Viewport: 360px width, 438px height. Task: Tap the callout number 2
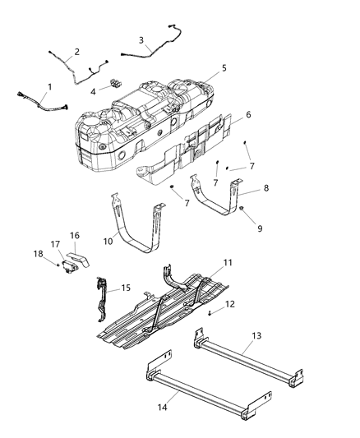tap(76, 52)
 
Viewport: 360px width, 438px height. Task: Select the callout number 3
tap(141, 39)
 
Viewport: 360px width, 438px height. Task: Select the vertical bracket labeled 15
tap(102, 300)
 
